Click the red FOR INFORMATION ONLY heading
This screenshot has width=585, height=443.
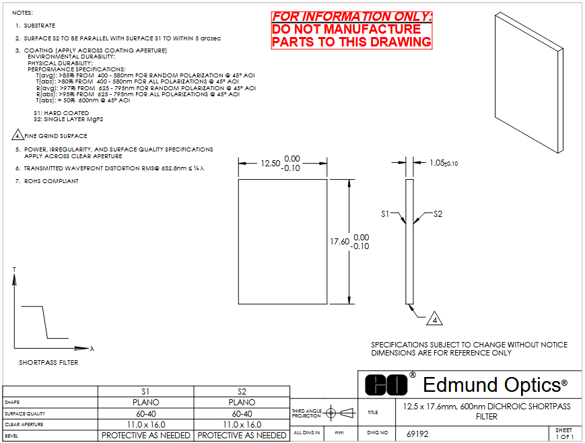pos(352,17)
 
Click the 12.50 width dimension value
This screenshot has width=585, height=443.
pos(270,164)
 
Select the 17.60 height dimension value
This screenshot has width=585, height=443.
pos(339,242)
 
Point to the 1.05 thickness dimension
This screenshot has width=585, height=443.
pos(444,163)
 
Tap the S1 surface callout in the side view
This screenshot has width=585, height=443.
pos(385,214)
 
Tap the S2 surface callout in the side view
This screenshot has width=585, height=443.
pos(438,214)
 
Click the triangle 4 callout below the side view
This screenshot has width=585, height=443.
pos(435,319)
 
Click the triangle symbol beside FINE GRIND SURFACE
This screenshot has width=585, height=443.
pos(18,135)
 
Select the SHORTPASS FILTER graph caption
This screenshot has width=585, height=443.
pos(48,362)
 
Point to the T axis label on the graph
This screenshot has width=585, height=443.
pos(14,269)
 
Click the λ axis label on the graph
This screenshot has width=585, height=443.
pos(92,349)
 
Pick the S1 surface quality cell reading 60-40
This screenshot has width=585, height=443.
pos(146,413)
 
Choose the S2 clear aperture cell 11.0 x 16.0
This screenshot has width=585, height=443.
pos(242,425)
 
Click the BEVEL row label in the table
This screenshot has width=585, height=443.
pos(11,436)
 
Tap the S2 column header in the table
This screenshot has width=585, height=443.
pos(242,392)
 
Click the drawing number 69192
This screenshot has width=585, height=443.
pos(417,434)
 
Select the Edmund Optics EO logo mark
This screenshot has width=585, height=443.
pos(386,384)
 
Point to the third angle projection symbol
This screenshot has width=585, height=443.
pos(340,413)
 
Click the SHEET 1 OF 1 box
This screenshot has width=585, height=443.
pos(565,434)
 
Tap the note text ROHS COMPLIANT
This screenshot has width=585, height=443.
pos(51,181)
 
